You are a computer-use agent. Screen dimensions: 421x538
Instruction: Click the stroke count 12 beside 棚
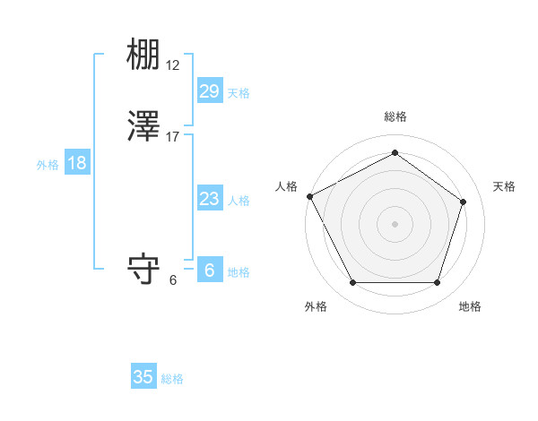[173, 66]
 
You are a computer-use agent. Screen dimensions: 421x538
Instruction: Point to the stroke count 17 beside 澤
[173, 137]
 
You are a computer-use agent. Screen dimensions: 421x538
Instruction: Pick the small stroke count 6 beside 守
[173, 279]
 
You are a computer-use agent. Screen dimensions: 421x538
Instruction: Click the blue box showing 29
[210, 90]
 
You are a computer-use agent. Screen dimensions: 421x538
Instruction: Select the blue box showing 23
[210, 199]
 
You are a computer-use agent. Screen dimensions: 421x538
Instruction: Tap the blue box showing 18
[77, 163]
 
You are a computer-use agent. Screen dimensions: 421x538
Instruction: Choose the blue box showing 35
[143, 377]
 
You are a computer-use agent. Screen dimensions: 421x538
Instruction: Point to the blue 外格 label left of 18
[48, 165]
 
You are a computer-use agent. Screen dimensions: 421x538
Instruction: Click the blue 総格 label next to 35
[172, 379]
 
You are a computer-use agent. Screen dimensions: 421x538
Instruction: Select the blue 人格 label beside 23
[239, 201]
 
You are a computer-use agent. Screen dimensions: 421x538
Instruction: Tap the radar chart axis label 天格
[505, 186]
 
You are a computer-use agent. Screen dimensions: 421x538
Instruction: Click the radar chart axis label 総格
[395, 117]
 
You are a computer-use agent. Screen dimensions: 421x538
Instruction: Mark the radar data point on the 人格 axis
[310, 196]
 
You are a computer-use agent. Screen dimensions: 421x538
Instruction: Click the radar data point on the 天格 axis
[464, 202]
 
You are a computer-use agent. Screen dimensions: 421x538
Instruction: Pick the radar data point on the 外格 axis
[352, 283]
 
